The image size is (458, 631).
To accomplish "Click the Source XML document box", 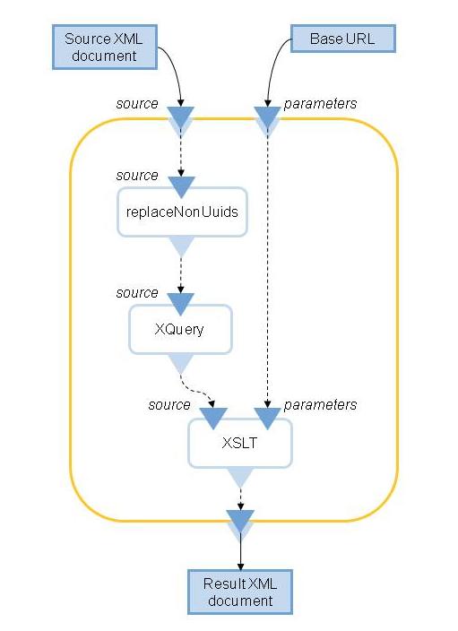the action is (x=105, y=48).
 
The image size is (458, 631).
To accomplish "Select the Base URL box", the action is (x=343, y=39).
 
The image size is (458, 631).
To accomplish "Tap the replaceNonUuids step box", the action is (x=182, y=212).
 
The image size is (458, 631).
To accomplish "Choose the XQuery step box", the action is (x=180, y=329).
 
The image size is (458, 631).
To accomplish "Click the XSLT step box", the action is (x=240, y=443).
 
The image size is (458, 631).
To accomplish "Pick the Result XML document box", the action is (x=240, y=592).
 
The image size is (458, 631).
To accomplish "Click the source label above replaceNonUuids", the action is (x=137, y=176).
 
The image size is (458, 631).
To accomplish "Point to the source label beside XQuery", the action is (x=137, y=292).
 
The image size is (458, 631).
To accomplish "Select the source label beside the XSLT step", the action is (x=169, y=404).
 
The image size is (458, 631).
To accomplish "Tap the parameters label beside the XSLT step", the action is (x=320, y=405).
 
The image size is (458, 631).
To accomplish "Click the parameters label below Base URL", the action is (x=320, y=104).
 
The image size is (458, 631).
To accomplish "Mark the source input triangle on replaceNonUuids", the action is (x=181, y=186).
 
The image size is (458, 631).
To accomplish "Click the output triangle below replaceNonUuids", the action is (x=181, y=246).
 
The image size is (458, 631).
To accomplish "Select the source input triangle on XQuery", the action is (x=181, y=304).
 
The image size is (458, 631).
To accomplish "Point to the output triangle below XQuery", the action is (x=181, y=363).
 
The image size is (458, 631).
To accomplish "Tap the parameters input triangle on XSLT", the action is (x=267, y=418).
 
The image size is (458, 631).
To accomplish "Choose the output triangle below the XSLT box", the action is (x=240, y=477).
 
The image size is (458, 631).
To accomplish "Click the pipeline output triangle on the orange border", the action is (x=240, y=521).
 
